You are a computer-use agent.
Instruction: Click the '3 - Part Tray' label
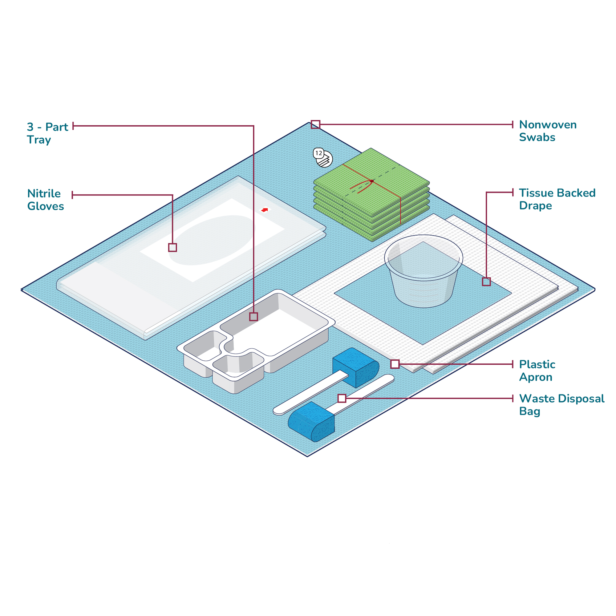47,133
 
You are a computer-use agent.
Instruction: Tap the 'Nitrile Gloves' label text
46,200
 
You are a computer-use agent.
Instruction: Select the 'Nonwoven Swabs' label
548,131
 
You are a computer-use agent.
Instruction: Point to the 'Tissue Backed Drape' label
557,199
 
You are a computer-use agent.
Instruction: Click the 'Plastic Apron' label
537,371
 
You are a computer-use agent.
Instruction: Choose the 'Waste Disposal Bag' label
562,405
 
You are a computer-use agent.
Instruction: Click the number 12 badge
318,153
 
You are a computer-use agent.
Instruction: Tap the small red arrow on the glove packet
265,210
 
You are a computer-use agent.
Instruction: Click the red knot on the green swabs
372,181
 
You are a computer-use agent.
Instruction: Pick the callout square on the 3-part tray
253,317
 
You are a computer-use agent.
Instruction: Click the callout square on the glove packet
172,247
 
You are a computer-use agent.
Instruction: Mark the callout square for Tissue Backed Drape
486,282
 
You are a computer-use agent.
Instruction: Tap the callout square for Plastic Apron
395,364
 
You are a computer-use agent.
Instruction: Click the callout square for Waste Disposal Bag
342,398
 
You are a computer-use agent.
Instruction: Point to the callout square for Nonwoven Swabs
315,124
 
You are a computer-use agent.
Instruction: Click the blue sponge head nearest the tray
356,368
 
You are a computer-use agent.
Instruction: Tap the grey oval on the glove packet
212,240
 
